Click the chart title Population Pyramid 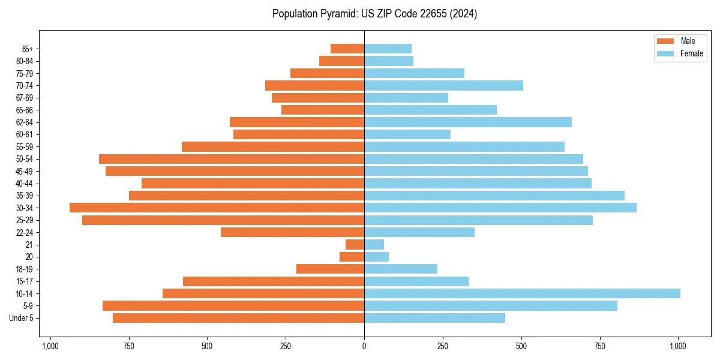pos(374,14)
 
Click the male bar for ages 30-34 pos(217,208)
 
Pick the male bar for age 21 pos(355,245)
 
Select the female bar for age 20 pos(376,257)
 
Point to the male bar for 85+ pos(347,49)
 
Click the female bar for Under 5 pos(434,318)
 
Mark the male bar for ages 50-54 pos(232,159)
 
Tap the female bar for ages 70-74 pos(443,85)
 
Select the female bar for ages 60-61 pos(407,134)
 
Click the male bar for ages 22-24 pos(292,232)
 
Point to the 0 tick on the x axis pos(364,346)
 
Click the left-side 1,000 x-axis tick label pos(50,346)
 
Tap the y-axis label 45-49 pos(24,171)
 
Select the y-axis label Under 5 pos(22,318)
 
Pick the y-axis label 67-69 pos(24,98)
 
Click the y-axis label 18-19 pos(24,269)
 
